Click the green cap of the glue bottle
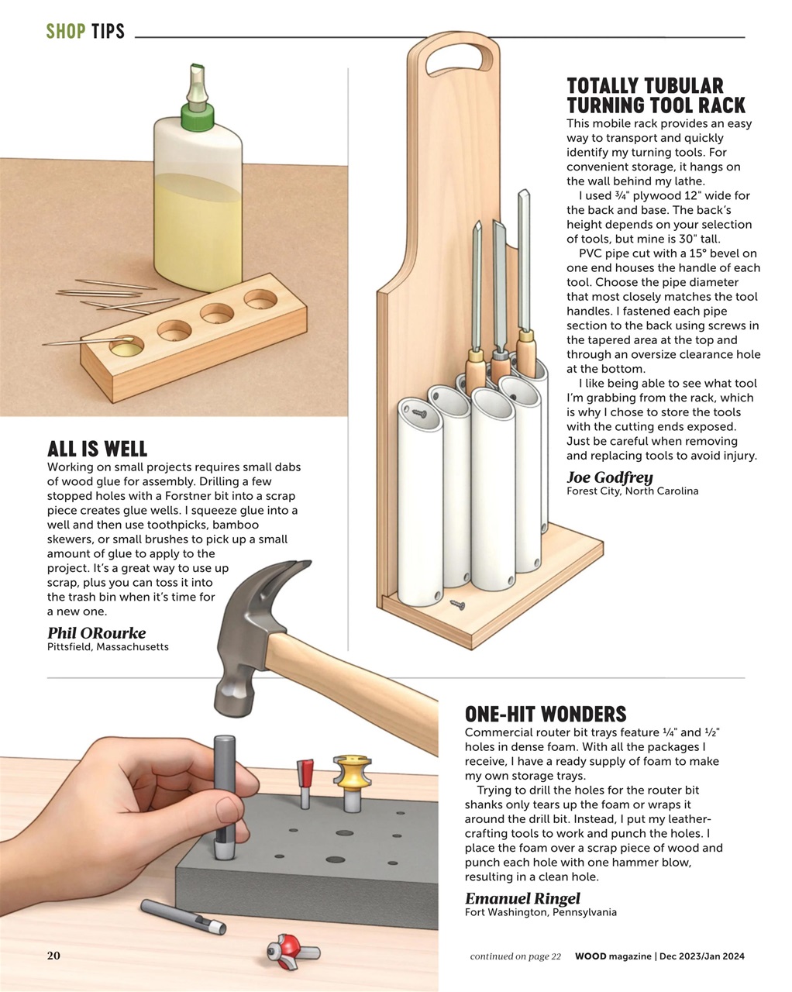click(x=197, y=118)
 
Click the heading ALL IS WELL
click(x=97, y=449)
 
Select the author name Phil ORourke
click(x=96, y=632)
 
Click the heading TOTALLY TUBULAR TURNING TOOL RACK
click(x=656, y=95)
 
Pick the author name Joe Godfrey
click(x=609, y=477)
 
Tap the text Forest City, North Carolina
click(x=632, y=491)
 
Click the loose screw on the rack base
click(x=457, y=602)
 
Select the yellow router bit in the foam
click(x=349, y=779)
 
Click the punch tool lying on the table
click(x=183, y=917)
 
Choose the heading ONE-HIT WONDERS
click(x=545, y=714)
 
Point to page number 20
click(x=53, y=956)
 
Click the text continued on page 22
click(x=515, y=956)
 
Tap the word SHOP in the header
click(x=65, y=32)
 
